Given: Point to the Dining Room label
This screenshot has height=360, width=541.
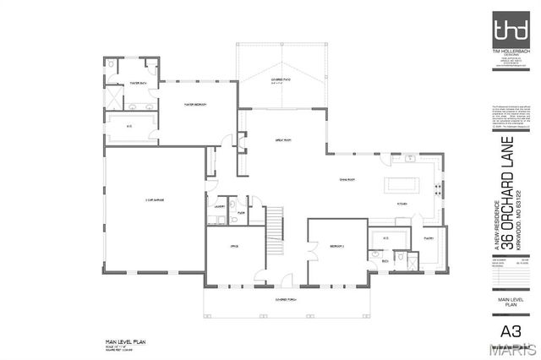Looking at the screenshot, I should [347, 179].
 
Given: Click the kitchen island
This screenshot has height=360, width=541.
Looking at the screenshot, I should [404, 183].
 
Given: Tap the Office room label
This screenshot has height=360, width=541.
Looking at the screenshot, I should [235, 245].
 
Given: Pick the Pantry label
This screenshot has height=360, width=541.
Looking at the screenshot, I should [429, 239].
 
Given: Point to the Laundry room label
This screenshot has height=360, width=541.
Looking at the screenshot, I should [218, 205].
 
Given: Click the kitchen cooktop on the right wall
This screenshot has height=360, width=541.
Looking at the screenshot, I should [438, 187].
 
